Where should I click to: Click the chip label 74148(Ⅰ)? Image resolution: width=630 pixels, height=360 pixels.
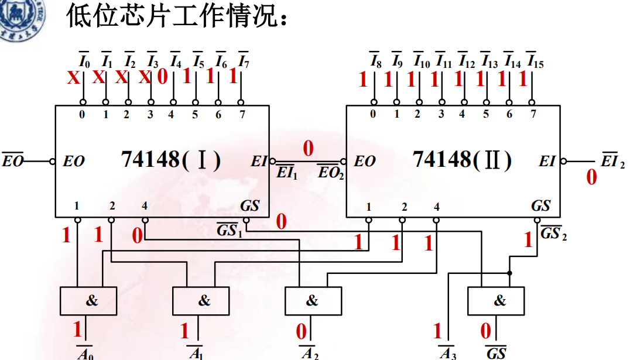coord(170,160)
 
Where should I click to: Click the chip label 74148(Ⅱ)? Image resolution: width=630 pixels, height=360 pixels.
coord(462,160)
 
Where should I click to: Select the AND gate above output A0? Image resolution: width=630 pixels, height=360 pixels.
coord(88,301)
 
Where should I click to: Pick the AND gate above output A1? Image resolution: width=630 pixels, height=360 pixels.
coord(200,301)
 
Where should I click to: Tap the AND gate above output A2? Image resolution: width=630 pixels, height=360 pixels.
coord(313,301)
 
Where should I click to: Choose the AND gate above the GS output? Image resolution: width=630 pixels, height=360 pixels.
coord(495,301)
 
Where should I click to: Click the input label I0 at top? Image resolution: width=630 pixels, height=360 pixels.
coord(84,60)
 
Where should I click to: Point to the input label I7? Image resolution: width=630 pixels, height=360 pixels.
coord(244,60)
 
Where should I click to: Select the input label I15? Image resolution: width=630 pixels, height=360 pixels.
coord(535,60)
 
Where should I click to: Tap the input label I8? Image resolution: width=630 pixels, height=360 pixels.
coord(375,60)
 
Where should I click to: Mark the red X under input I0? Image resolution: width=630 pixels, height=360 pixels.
coord(73,78)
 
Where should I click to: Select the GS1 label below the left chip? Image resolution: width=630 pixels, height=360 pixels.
coord(229,231)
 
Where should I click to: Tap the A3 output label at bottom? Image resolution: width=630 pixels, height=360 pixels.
coord(448,353)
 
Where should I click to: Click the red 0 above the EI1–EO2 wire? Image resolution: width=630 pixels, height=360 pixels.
coord(308,149)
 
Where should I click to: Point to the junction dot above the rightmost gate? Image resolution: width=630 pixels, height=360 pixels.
coord(509,273)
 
